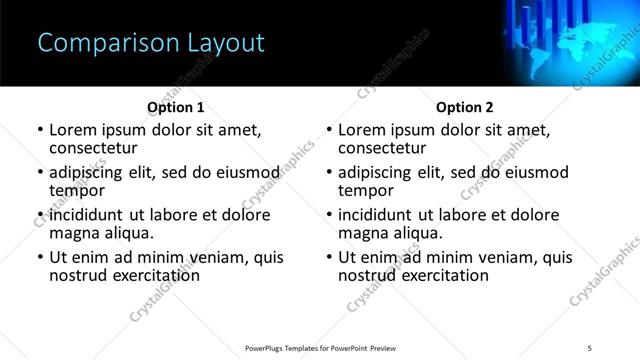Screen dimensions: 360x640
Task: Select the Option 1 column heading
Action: click(176, 107)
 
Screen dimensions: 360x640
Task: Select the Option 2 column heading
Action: click(465, 107)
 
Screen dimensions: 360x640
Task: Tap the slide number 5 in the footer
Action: click(589, 347)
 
